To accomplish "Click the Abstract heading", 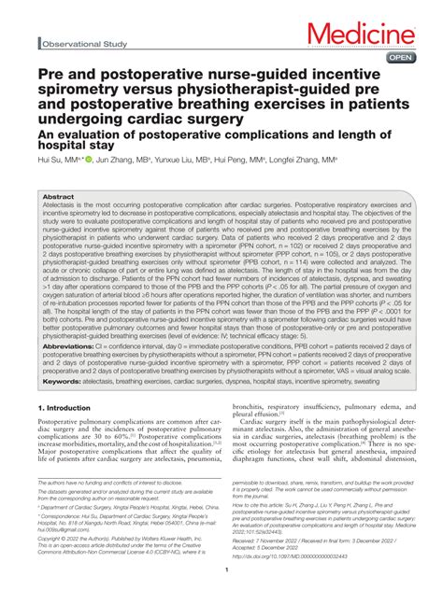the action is tap(59, 198).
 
